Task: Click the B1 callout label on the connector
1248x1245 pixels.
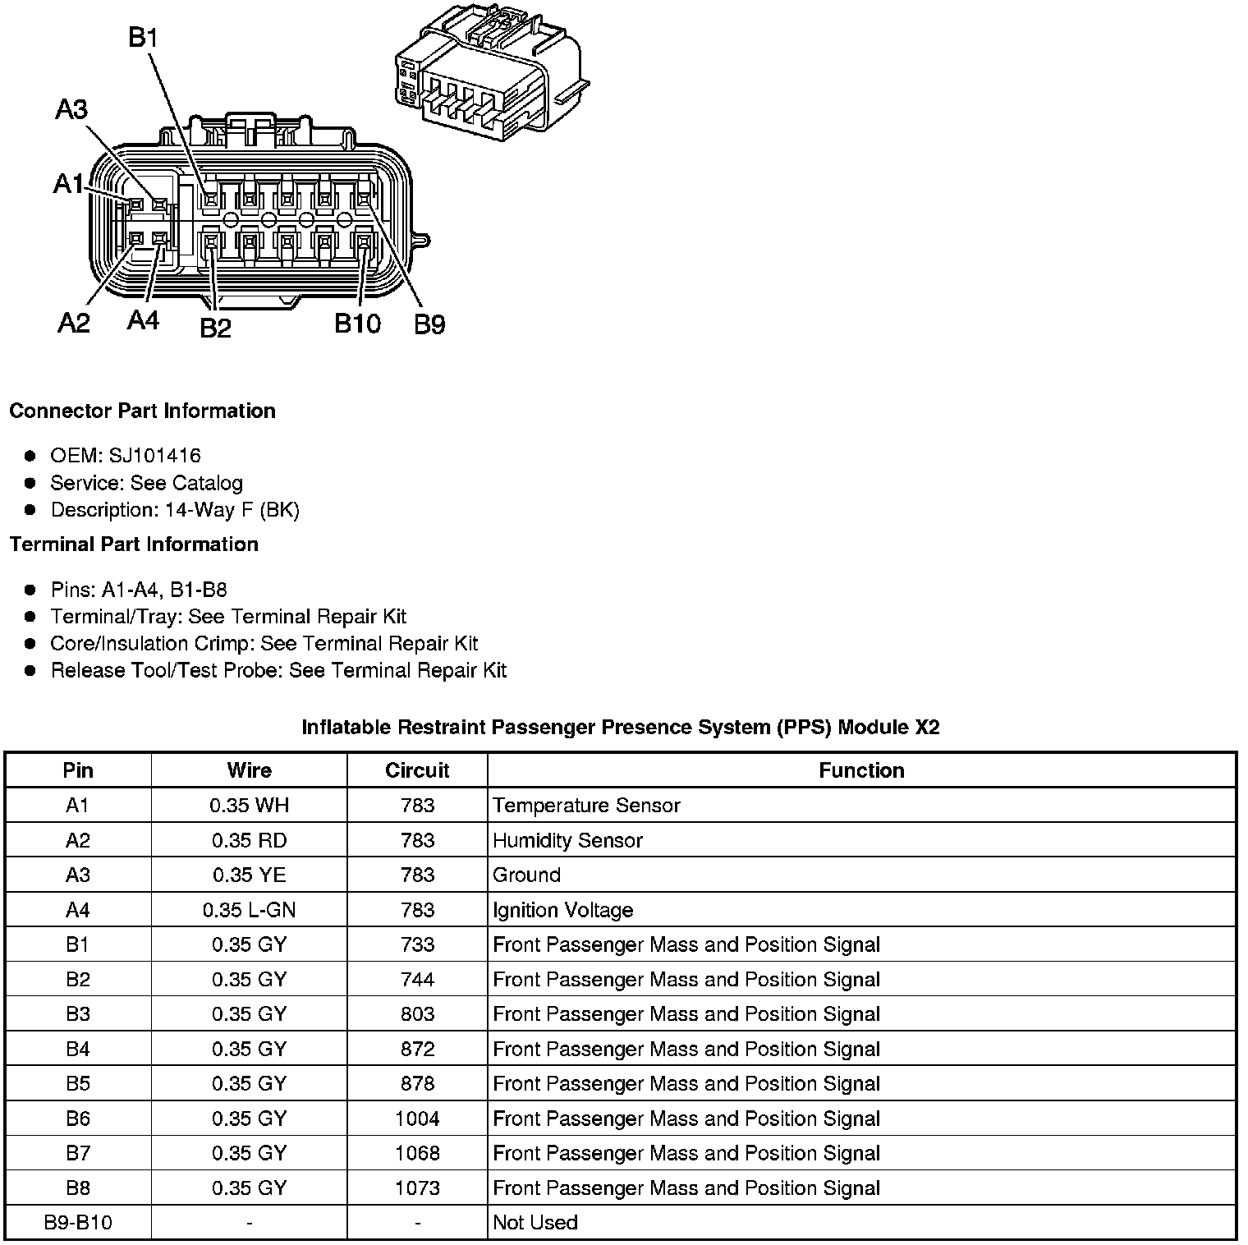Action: pyautogui.click(x=143, y=38)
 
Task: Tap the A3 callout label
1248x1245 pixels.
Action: pyautogui.click(x=71, y=109)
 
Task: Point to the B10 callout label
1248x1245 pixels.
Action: pyautogui.click(x=357, y=324)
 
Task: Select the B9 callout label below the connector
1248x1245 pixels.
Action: pyautogui.click(x=429, y=325)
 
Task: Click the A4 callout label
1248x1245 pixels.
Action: pyautogui.click(x=143, y=319)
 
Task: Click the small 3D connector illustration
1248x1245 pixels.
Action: pyautogui.click(x=491, y=70)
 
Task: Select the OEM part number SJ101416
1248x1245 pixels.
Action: pyautogui.click(x=154, y=456)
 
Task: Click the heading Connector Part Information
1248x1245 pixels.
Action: pyautogui.click(x=142, y=411)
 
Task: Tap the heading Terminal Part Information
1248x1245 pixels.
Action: pyautogui.click(x=134, y=544)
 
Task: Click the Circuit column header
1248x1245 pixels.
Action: pyautogui.click(x=417, y=770)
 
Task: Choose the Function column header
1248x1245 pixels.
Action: pyautogui.click(x=861, y=770)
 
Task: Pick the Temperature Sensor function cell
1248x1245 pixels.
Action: pyautogui.click(x=586, y=806)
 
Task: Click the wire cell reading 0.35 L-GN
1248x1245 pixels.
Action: pyautogui.click(x=249, y=910)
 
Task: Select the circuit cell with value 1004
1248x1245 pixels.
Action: pyautogui.click(x=417, y=1119)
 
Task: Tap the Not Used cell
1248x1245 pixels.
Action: pyautogui.click(x=535, y=1223)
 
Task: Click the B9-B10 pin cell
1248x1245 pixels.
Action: pyautogui.click(x=78, y=1223)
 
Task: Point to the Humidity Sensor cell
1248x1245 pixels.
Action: pyautogui.click(x=567, y=840)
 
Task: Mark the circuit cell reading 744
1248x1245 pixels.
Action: pyautogui.click(x=417, y=980)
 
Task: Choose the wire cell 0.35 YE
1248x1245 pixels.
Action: pyautogui.click(x=249, y=875)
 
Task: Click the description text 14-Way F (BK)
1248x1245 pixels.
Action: pyautogui.click(x=232, y=510)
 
